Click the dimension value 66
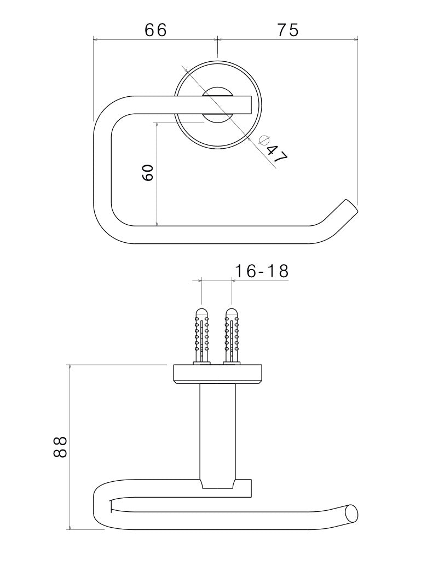(155, 30)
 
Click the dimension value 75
(288, 30)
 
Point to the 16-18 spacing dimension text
(261, 271)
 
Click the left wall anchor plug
(201, 335)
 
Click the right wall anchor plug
(232, 335)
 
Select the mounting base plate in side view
(217, 374)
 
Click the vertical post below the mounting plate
(217, 432)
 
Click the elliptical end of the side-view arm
(353, 514)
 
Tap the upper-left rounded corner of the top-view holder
(109, 112)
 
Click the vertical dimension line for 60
(157, 173)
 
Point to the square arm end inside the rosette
(244, 104)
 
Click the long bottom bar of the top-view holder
(219, 234)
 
